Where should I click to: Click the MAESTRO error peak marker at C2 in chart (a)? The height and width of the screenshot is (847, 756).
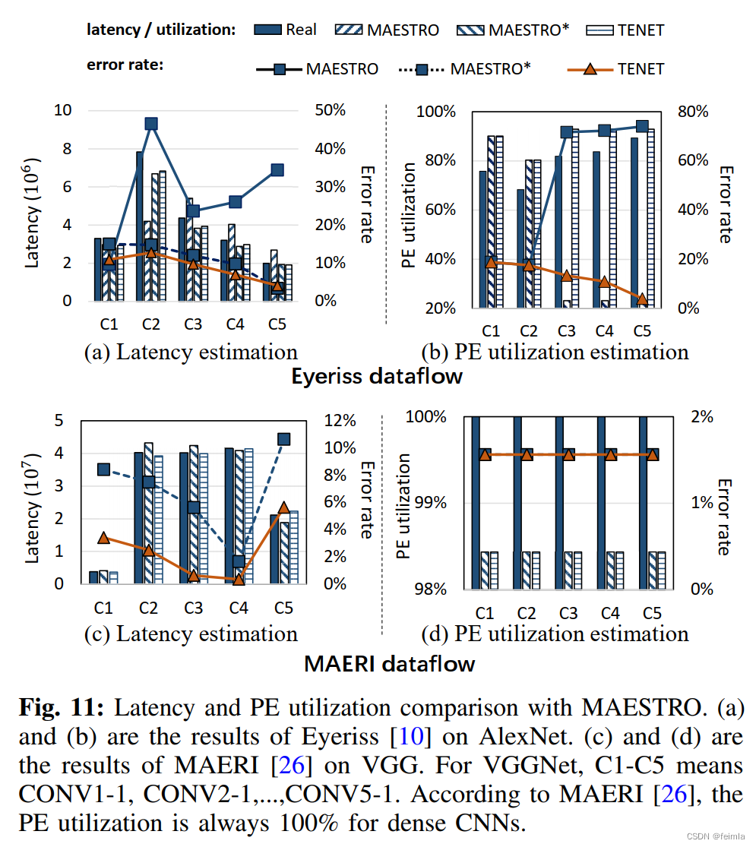pyautogui.click(x=151, y=124)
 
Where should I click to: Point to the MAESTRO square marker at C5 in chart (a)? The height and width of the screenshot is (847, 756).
pyautogui.click(x=277, y=170)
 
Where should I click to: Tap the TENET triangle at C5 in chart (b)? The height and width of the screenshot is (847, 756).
pyautogui.click(x=642, y=299)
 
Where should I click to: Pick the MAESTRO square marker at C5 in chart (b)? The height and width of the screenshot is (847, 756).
pyautogui.click(x=642, y=126)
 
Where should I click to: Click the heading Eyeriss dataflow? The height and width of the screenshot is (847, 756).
pyautogui.click(x=377, y=376)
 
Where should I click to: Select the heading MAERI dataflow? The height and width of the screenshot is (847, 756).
pyautogui.click(x=389, y=663)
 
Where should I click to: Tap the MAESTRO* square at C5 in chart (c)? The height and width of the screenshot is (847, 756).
pyautogui.click(x=283, y=439)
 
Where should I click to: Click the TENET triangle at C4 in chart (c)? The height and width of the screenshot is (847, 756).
pyautogui.click(x=239, y=579)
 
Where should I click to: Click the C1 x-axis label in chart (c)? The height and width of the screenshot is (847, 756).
pyautogui.click(x=103, y=608)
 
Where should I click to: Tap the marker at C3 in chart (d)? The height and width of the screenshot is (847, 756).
pyautogui.click(x=568, y=454)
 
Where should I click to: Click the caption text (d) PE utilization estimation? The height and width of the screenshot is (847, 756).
pyautogui.click(x=555, y=633)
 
